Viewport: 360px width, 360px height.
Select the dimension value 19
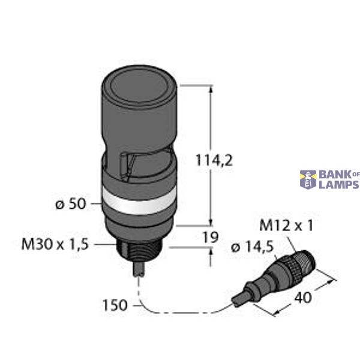click(x=209, y=237)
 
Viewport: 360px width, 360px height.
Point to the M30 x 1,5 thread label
click(x=55, y=244)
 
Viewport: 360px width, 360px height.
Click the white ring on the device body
click(x=140, y=202)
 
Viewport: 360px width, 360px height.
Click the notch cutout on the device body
click(x=129, y=165)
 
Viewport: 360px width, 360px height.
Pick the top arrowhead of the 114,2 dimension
click(x=211, y=89)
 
